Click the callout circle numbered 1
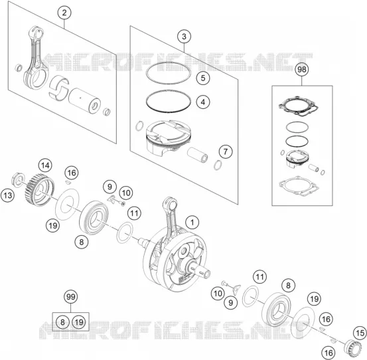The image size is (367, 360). (192, 223)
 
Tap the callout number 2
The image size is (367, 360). (64, 13)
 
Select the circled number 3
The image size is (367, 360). (184, 37)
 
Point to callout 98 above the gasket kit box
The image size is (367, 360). (302, 70)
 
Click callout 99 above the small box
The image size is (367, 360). (71, 297)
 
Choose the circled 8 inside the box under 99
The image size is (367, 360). (62, 322)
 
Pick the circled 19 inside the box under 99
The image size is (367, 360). (79, 322)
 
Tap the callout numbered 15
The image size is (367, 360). (360, 333)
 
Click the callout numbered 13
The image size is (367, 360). (8, 195)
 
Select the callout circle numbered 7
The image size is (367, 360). (226, 151)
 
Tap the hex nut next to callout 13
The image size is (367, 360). (17, 179)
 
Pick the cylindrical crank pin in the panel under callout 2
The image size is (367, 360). (84, 100)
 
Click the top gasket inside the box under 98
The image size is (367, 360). (299, 106)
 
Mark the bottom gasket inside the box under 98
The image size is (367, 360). (299, 187)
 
